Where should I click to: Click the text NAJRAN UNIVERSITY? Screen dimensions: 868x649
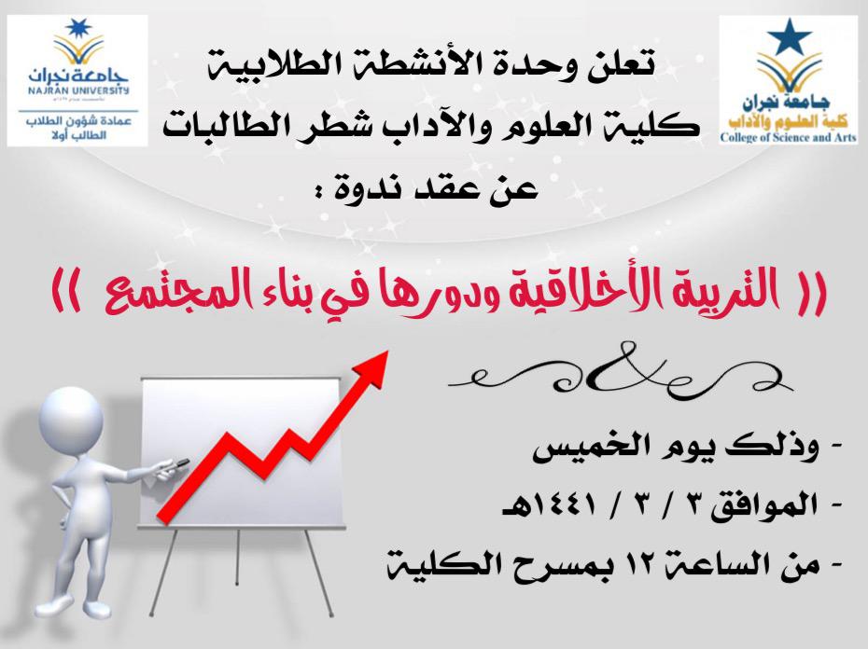point(78,90)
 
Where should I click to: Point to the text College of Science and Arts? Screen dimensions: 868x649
point(788,137)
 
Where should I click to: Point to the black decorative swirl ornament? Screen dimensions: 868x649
point(621,371)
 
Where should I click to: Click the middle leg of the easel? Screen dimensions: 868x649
point(239,558)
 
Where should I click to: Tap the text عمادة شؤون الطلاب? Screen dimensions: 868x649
point(79,121)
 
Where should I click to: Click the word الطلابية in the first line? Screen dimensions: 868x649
point(261,64)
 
